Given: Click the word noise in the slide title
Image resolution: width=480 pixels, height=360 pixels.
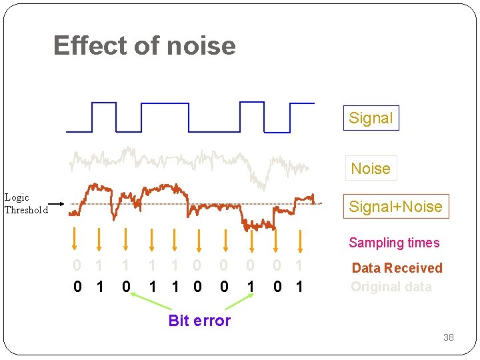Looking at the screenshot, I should (201, 46).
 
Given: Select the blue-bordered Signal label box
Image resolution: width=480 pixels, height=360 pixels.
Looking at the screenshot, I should (371, 118).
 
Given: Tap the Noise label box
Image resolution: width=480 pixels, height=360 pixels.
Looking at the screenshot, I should (371, 168).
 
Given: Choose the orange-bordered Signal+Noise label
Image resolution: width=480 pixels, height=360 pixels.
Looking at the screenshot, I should (395, 207).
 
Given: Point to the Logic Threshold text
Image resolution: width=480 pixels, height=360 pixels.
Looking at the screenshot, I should (26, 203).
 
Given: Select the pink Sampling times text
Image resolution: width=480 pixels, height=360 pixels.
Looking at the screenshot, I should (394, 243).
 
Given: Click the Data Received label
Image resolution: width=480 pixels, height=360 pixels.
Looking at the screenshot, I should (397, 268).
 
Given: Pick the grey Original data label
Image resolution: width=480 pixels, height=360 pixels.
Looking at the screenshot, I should (391, 287).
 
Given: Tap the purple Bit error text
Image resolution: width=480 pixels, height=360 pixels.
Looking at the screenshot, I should (199, 321).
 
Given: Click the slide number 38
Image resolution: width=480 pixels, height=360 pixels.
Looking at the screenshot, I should (449, 337).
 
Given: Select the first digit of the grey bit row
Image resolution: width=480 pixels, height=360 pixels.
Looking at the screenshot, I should (77, 266).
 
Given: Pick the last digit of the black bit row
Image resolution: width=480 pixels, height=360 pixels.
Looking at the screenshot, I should (299, 287).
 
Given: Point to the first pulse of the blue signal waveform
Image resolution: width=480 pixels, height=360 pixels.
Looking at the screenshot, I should (103, 117).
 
